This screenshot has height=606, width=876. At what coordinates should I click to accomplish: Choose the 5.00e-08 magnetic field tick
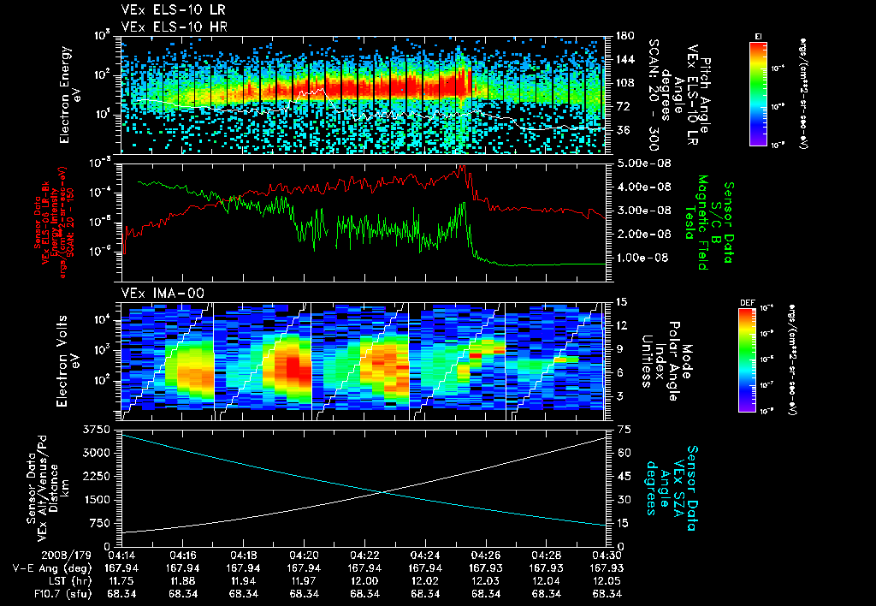(x=635, y=163)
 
